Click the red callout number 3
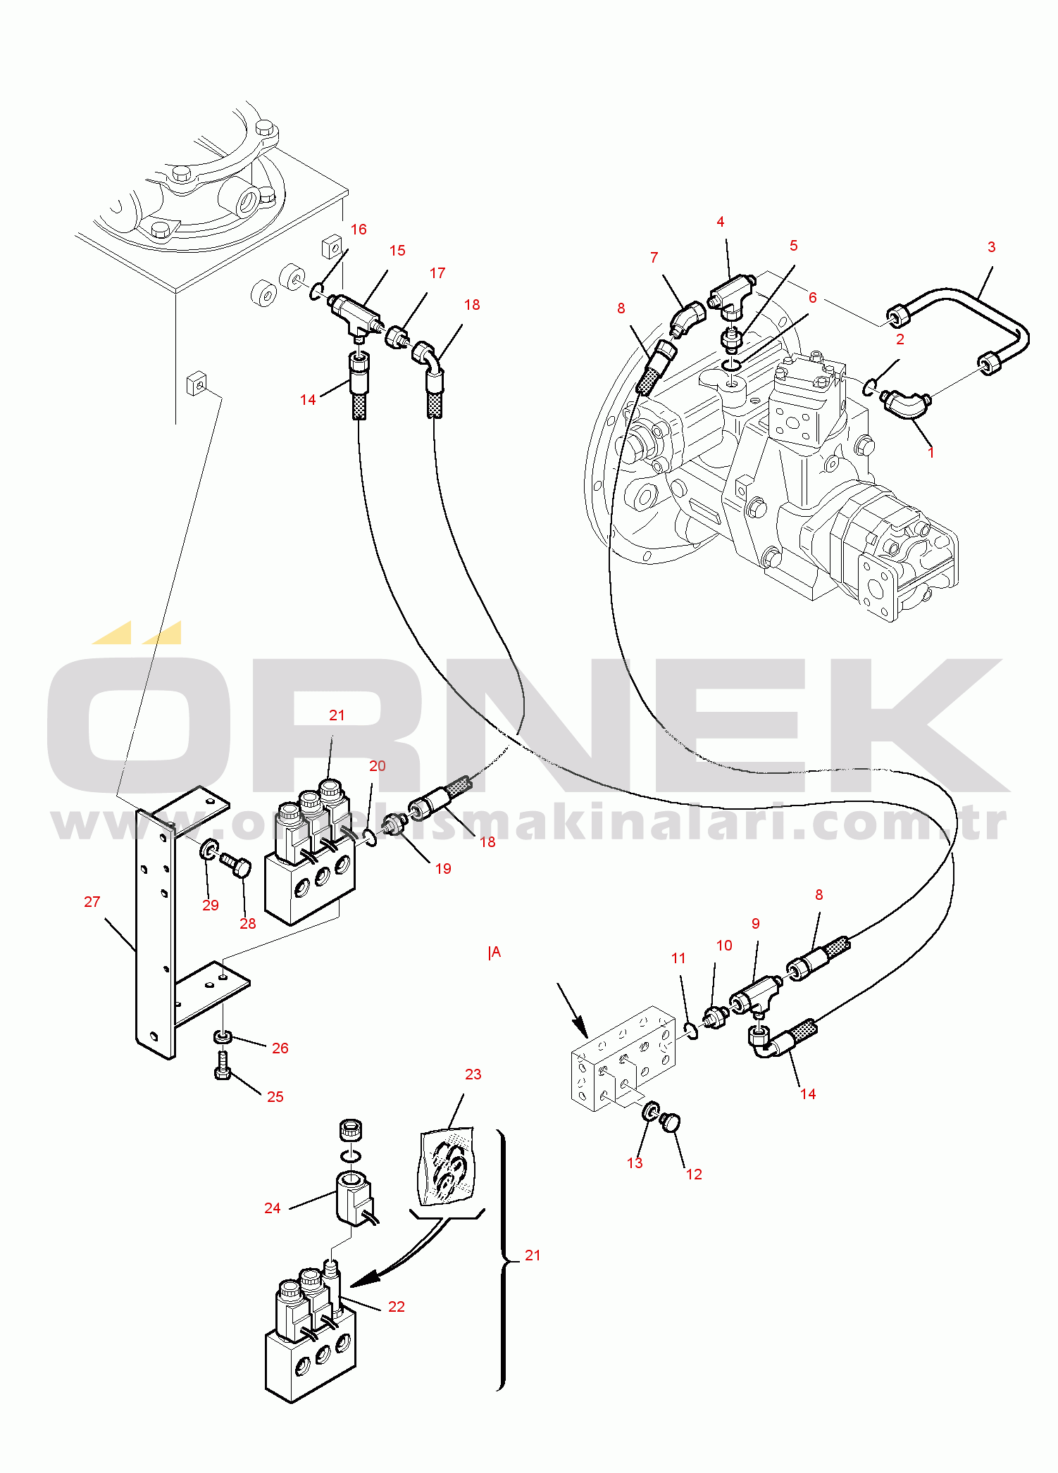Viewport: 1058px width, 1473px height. point(991,247)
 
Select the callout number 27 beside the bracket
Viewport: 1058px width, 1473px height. point(92,902)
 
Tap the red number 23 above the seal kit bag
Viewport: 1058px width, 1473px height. point(473,1074)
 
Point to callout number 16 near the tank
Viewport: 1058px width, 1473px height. point(359,230)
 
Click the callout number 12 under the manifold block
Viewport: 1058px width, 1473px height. point(694,1174)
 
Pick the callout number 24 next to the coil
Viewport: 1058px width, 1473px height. point(272,1208)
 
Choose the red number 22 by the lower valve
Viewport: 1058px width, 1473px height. point(397,1307)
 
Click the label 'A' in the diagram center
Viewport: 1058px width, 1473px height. point(496,953)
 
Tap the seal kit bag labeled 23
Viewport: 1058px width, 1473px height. point(447,1165)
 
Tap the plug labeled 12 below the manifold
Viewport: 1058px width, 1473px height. point(669,1121)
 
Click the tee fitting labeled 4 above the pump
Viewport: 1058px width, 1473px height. point(733,294)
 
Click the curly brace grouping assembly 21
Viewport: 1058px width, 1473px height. point(502,1260)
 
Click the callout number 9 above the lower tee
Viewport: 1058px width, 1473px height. point(755,924)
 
